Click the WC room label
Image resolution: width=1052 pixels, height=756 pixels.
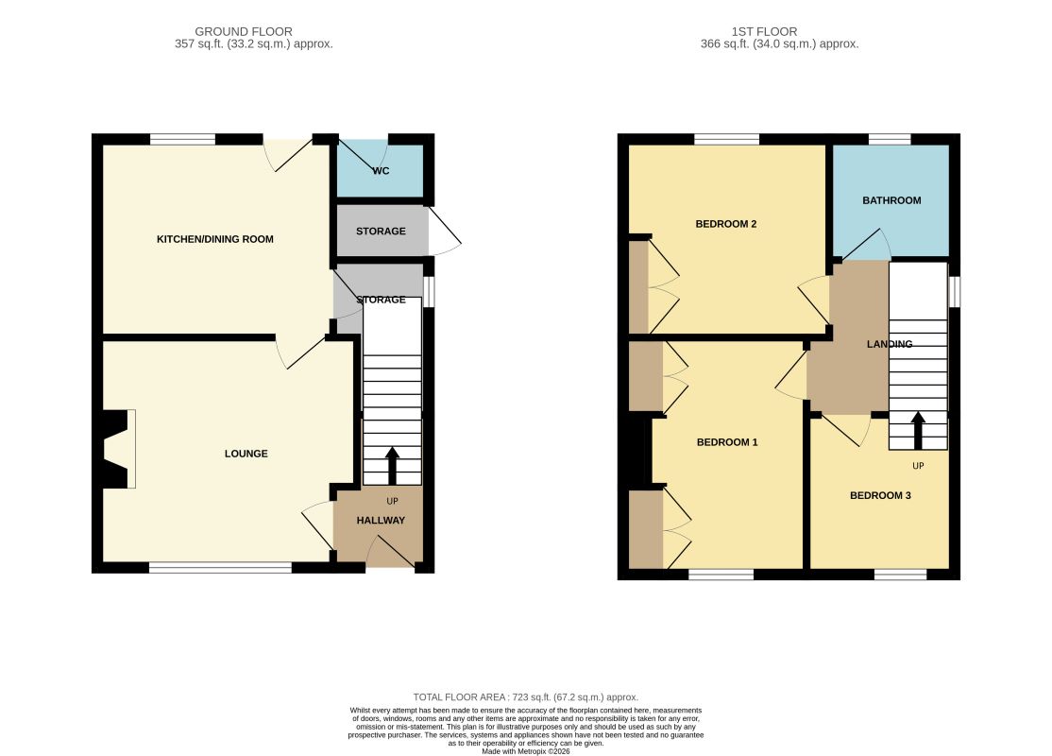(382, 171)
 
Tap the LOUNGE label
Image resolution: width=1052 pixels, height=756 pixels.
(246, 454)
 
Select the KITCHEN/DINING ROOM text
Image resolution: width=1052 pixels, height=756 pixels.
(215, 239)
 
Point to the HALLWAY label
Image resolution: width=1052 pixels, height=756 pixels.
(381, 521)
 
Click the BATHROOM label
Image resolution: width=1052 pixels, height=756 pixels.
(891, 200)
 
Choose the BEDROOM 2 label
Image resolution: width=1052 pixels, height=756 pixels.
(726, 224)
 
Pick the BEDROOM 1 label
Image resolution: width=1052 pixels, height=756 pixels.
(727, 441)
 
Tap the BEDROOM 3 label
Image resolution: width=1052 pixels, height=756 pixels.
(880, 495)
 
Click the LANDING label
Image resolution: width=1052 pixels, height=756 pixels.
(890, 344)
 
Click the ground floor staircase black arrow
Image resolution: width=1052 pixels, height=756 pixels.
(393, 466)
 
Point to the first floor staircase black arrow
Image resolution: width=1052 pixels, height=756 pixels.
(918, 430)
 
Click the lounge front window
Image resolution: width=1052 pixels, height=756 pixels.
(220, 568)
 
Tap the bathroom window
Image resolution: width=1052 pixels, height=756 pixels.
(890, 140)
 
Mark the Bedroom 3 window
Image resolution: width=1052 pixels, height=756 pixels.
(900, 574)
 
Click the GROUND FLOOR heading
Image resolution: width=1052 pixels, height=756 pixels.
(244, 31)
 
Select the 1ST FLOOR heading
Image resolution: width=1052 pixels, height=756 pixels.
(764, 31)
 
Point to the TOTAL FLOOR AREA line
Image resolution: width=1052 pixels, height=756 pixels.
(526, 697)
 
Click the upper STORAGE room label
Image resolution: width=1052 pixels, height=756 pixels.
(381, 231)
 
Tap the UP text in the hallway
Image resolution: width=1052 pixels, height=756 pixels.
(393, 502)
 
